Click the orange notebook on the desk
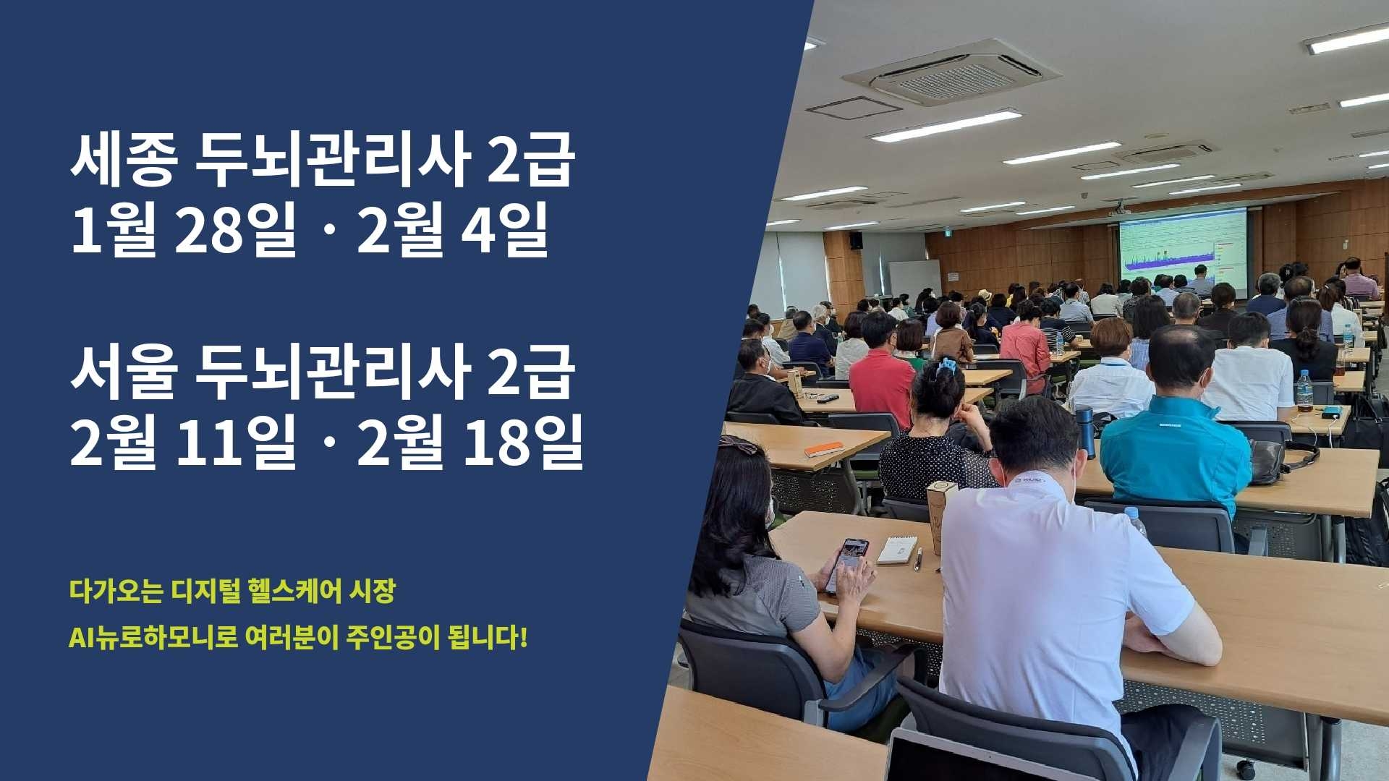click(x=824, y=449)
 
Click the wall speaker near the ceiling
click(x=856, y=241)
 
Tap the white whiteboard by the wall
click(x=914, y=278)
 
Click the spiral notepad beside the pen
click(x=898, y=550)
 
